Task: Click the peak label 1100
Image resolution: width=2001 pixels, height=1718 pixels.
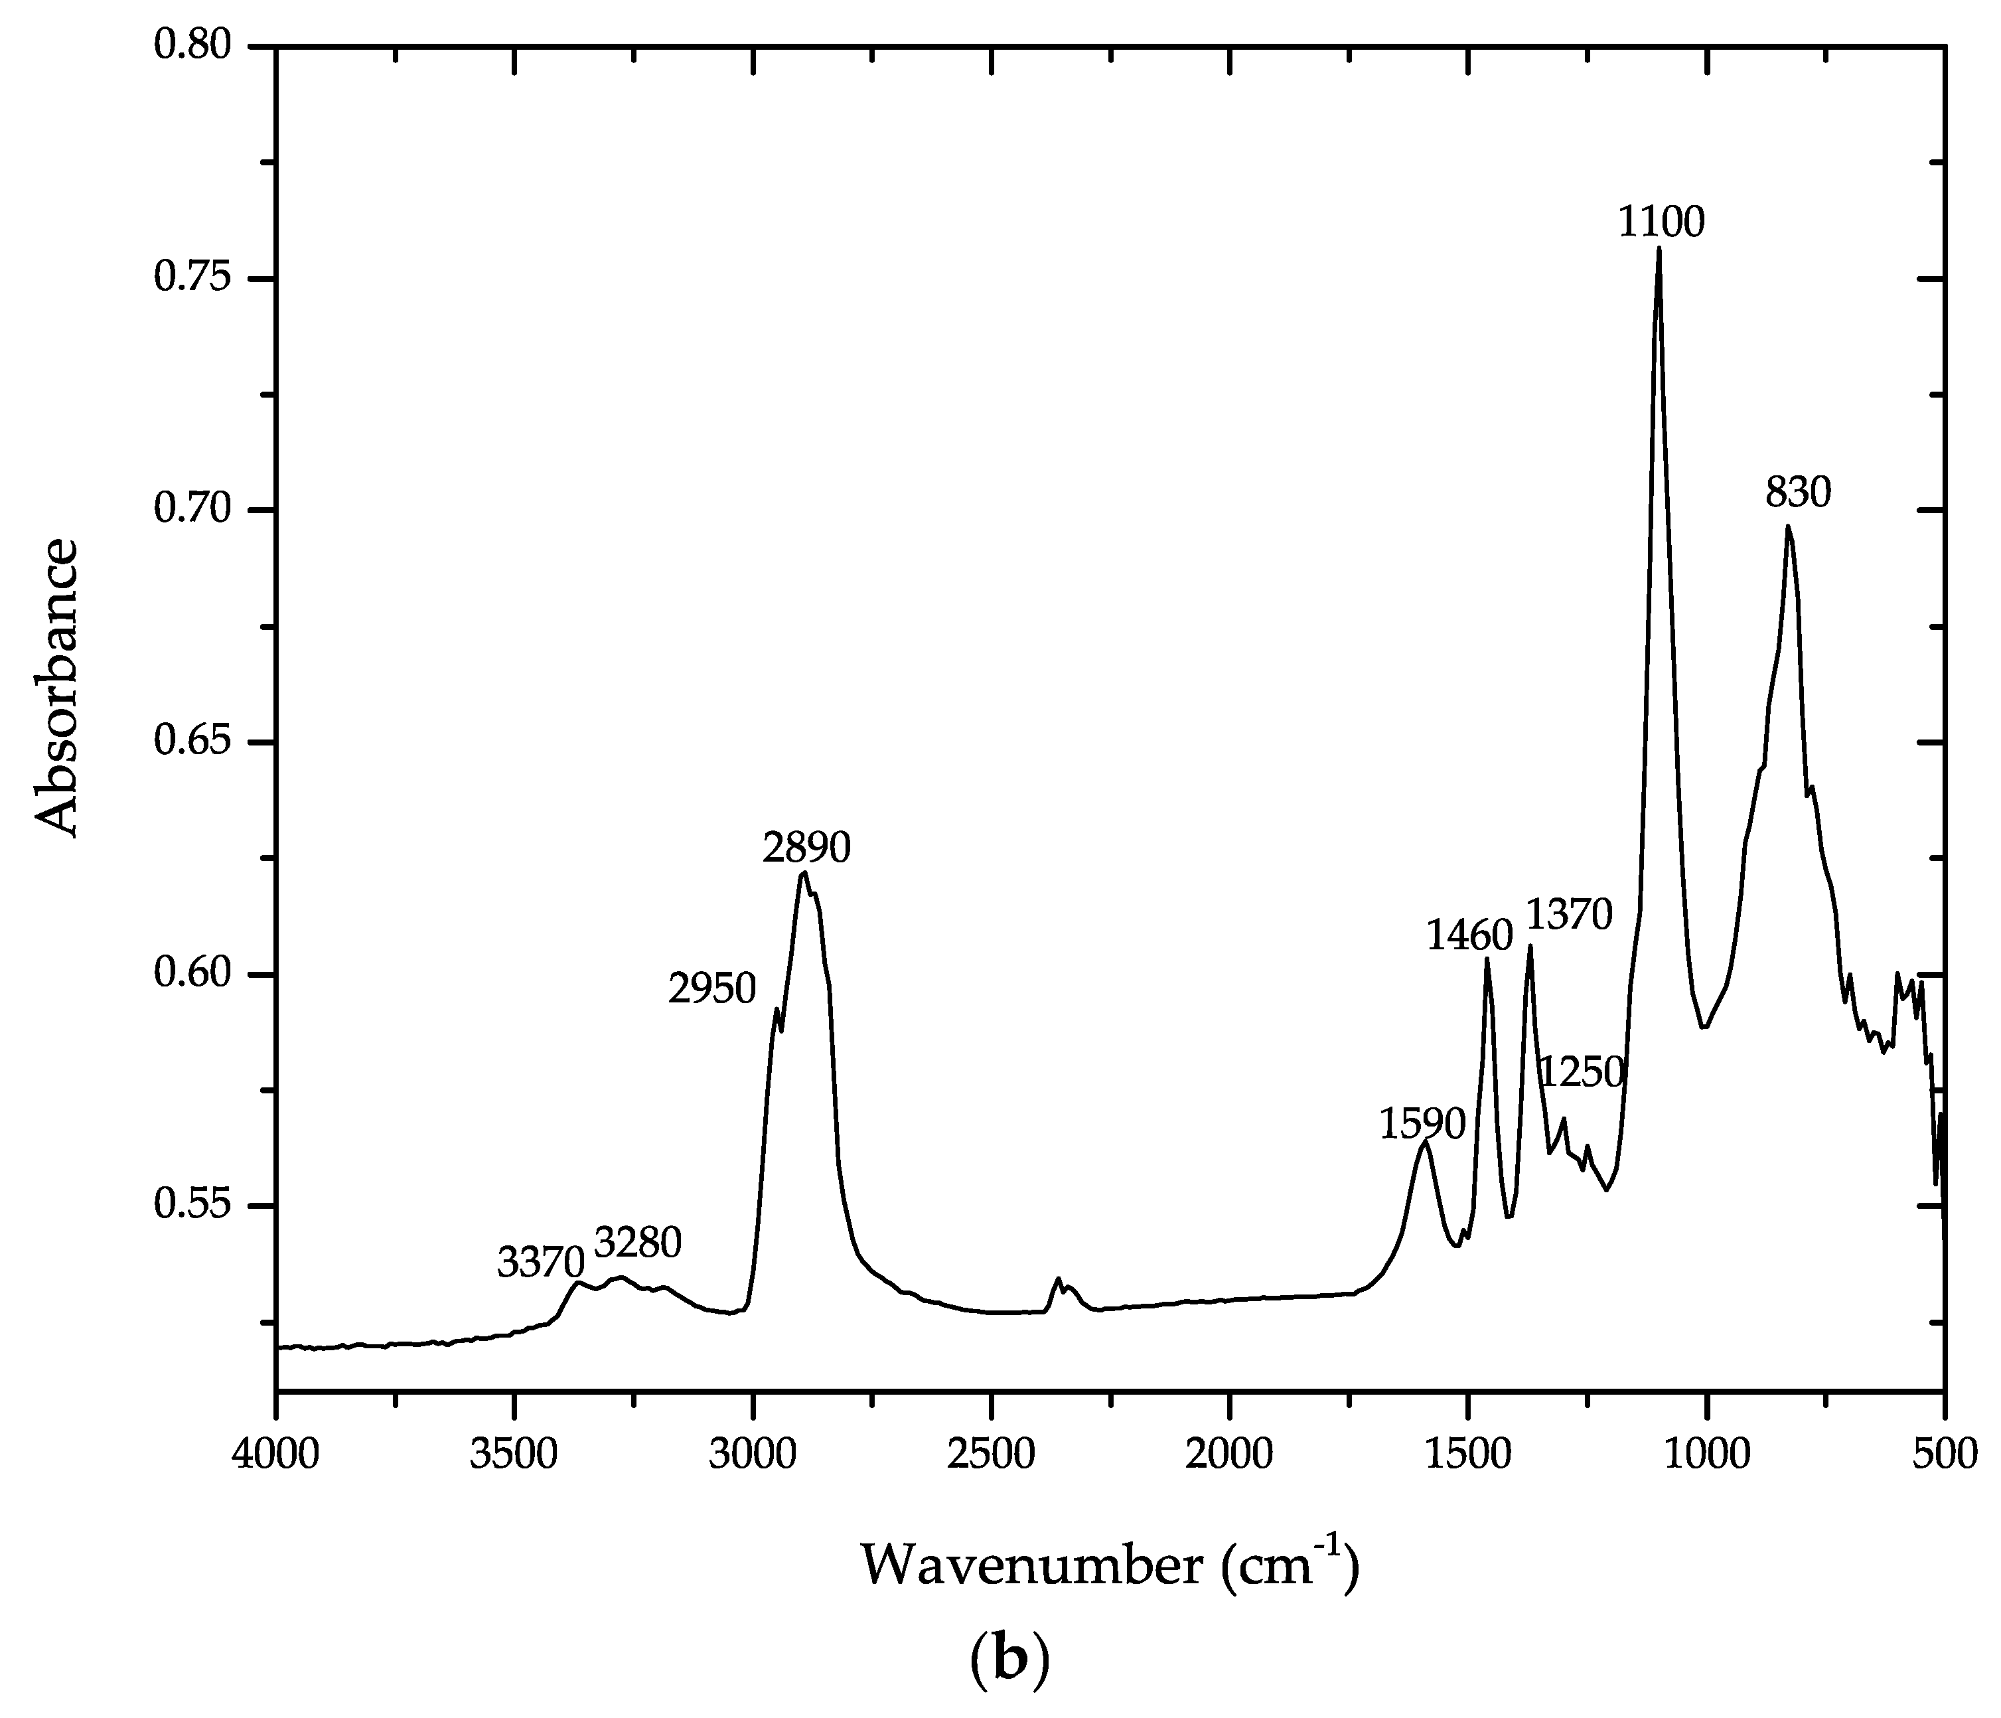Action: tap(1661, 222)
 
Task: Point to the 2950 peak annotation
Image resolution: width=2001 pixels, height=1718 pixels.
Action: tap(711, 990)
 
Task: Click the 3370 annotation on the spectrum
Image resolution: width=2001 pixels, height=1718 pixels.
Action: tap(541, 1261)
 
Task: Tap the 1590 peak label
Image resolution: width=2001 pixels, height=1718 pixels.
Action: tap(1422, 1124)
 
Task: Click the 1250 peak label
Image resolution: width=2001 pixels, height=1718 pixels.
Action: tap(1581, 1072)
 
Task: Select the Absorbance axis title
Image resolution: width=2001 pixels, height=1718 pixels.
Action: tap(56, 688)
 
